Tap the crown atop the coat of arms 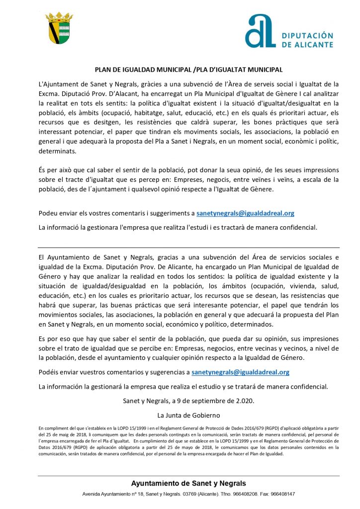[59, 17]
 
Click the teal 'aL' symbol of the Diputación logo [260, 31]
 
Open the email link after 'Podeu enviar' [245, 213]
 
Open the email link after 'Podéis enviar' [240, 372]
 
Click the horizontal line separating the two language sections [189, 248]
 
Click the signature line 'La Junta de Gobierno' [188, 415]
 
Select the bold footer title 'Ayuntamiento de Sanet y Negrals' [188, 483]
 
